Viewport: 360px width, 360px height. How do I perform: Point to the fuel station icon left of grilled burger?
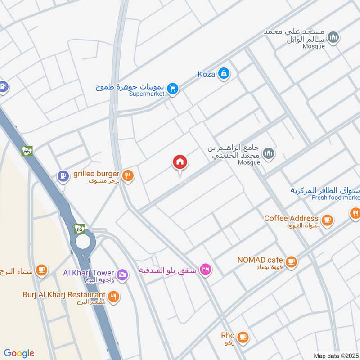pyautogui.click(x=63, y=175)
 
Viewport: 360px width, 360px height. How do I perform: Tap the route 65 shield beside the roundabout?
pyautogui.click(x=80, y=229)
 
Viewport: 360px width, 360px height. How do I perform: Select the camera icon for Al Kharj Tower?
pyautogui.click(x=121, y=274)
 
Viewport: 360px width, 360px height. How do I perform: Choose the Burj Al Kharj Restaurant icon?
pyautogui.click(x=113, y=296)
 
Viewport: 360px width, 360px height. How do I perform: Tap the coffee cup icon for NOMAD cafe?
pyautogui.click(x=291, y=261)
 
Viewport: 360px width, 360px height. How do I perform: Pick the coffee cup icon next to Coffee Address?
pyautogui.click(x=327, y=220)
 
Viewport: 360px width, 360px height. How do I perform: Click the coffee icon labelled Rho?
pyautogui.click(x=243, y=336)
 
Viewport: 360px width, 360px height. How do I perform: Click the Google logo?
pyautogui.click(x=19, y=353)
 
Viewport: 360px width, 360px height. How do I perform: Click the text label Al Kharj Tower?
pyautogui.click(x=88, y=273)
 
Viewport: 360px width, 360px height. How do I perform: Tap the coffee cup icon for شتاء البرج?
pyautogui.click(x=41, y=270)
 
